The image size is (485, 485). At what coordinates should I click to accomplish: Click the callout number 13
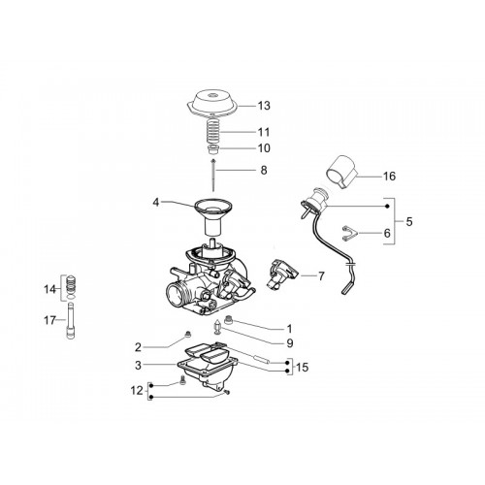(264, 106)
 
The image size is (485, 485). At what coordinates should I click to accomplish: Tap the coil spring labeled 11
(213, 132)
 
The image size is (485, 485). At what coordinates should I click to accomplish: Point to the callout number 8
(264, 170)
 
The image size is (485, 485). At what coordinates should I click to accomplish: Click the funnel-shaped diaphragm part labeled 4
(213, 217)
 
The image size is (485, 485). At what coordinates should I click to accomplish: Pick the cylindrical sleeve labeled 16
(340, 171)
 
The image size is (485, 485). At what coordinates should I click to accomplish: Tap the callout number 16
(389, 177)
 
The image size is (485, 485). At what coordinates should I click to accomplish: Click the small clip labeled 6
(349, 233)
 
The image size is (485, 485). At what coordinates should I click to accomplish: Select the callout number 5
(409, 222)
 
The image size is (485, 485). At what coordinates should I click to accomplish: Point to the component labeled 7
(279, 274)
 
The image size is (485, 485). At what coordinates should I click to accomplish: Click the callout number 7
(321, 276)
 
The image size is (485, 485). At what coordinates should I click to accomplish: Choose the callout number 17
(50, 320)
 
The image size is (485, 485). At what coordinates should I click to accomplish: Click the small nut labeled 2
(187, 336)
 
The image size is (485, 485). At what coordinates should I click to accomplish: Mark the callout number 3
(139, 366)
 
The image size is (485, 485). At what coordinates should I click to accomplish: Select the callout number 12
(137, 391)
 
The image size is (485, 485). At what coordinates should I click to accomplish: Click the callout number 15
(303, 368)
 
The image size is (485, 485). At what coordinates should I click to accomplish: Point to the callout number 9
(290, 343)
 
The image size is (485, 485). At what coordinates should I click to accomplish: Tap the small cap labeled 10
(213, 149)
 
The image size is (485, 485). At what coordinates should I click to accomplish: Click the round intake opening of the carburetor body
(175, 294)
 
